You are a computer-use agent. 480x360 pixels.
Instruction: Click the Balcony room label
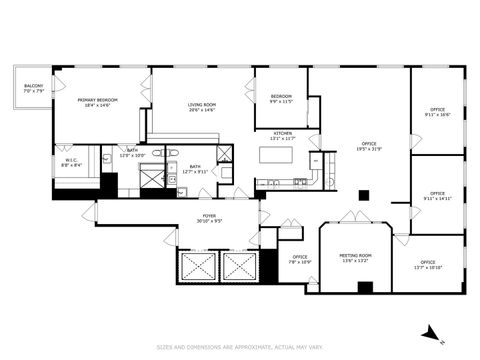coord(33,89)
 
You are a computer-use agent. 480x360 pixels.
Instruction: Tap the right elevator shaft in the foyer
coord(239,267)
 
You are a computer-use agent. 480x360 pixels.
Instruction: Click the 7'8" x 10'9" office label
coord(300,259)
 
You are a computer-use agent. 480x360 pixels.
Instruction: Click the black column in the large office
coord(364,195)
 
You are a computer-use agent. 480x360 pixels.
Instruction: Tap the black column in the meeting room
coord(365,288)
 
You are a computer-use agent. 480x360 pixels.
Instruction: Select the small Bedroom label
coord(281,99)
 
